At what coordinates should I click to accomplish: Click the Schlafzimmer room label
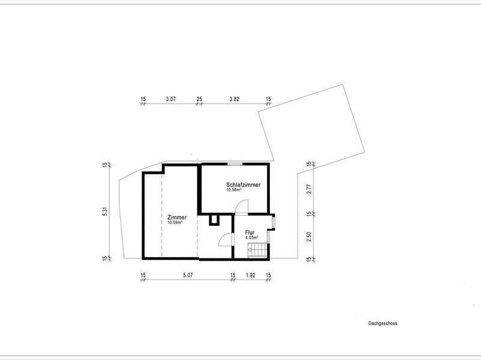click(244, 185)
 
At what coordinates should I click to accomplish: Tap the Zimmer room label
click(177, 218)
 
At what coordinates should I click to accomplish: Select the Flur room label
click(250, 233)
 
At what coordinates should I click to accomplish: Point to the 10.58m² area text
click(233, 190)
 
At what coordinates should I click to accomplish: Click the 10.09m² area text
click(175, 222)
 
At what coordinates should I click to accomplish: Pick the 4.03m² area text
click(251, 237)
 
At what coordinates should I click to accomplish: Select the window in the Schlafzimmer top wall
click(235, 164)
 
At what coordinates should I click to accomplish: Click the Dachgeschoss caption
click(382, 323)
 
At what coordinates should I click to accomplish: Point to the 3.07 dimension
click(171, 99)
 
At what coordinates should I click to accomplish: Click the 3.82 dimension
click(234, 99)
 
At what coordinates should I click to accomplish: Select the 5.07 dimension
click(188, 275)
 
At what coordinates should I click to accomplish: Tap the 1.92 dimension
click(250, 275)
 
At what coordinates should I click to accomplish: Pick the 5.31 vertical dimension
click(105, 212)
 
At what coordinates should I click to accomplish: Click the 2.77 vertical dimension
click(309, 188)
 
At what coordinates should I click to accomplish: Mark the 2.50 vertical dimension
click(309, 236)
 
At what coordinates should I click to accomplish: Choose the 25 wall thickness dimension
click(200, 99)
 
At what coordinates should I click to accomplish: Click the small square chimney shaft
click(214, 220)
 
